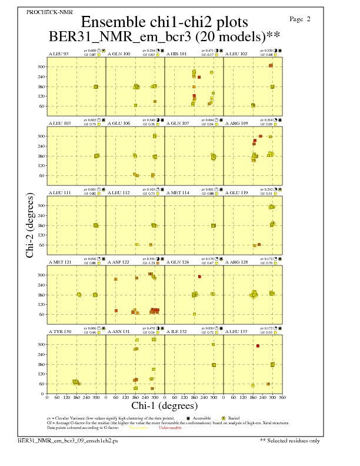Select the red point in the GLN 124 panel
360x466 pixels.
point(200,277)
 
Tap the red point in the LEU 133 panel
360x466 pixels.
point(258,346)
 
